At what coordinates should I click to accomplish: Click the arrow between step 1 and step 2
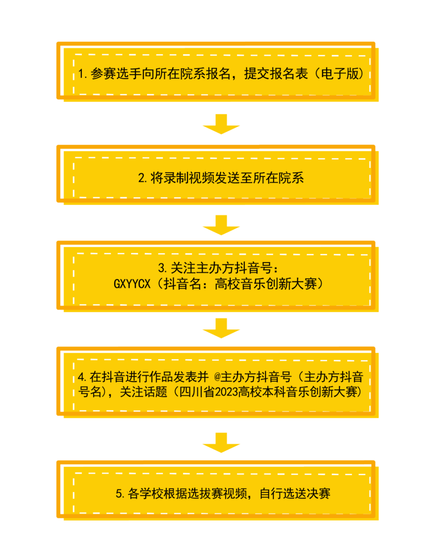[221, 124]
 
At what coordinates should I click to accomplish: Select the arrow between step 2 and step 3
[221, 225]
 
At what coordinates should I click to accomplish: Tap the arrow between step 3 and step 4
[221, 328]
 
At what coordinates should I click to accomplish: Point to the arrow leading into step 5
[221, 442]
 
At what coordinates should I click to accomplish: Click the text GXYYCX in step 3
[132, 284]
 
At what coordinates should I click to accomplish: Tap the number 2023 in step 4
[226, 392]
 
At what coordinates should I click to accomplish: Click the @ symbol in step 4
[217, 377]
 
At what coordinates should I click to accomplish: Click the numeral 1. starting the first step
[83, 74]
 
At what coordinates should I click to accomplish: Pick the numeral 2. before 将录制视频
[143, 178]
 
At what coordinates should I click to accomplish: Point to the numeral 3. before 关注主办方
[163, 268]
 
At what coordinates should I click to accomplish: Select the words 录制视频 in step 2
[189, 178]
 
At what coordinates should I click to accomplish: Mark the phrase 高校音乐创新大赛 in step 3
[266, 284]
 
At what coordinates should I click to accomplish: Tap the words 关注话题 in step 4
[144, 392]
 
